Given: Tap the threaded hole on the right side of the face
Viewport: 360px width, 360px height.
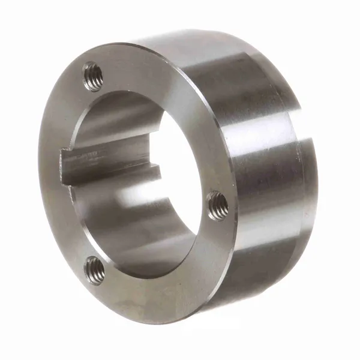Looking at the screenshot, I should click(218, 206).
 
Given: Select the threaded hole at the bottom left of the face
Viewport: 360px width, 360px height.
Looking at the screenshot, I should click(94, 269).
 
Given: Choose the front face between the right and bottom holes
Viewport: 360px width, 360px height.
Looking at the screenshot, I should click(174, 264).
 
